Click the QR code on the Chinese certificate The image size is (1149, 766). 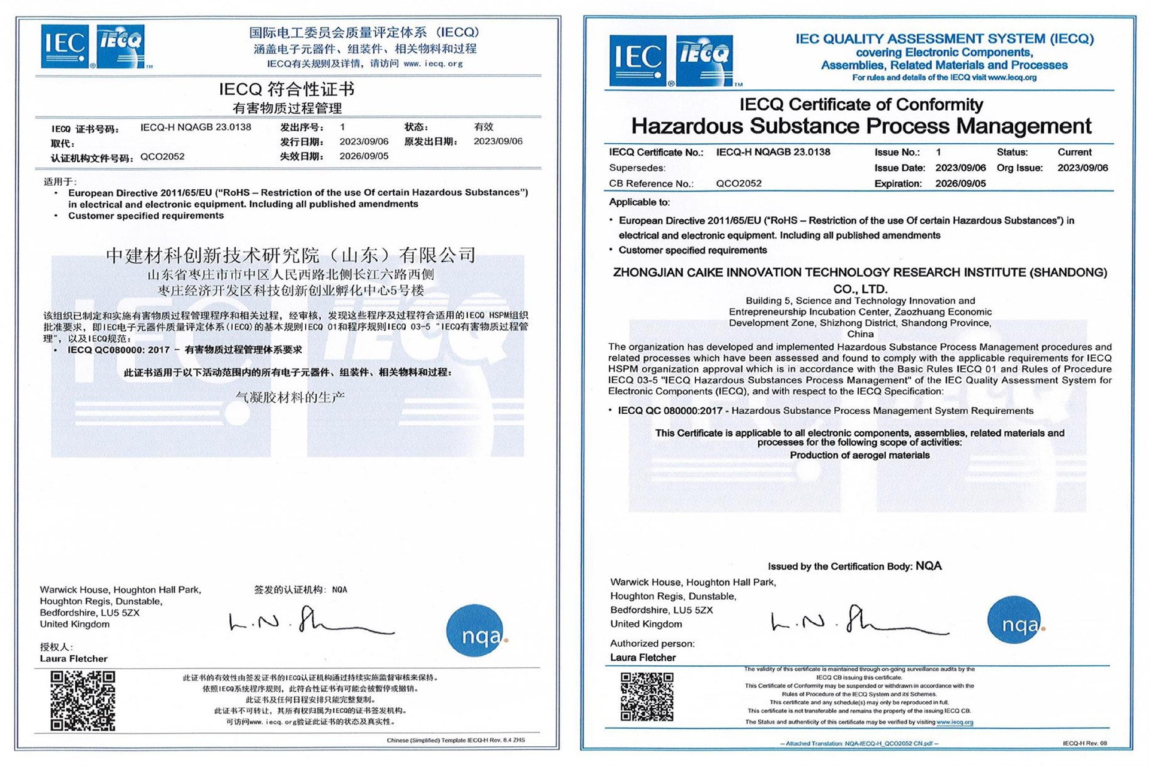[x=83, y=701]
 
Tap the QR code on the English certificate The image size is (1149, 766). [x=647, y=697]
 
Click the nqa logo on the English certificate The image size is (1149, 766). [x=1015, y=620]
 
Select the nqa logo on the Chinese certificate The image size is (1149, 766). [x=475, y=631]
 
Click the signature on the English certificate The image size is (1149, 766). [x=859, y=622]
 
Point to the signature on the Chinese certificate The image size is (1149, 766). [x=311, y=622]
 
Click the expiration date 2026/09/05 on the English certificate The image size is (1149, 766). [x=960, y=184]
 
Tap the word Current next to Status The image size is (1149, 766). [x=1074, y=152]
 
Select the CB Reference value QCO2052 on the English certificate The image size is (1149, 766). [x=738, y=184]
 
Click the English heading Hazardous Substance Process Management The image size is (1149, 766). [x=861, y=126]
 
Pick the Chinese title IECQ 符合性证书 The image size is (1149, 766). [x=287, y=90]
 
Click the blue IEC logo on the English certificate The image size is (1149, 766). [x=637, y=60]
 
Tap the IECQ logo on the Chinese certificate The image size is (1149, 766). [x=121, y=46]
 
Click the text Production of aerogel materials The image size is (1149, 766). [x=859, y=455]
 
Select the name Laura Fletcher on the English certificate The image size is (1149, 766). [x=643, y=658]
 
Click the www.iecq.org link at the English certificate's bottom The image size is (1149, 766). [x=955, y=722]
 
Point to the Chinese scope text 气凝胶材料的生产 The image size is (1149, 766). [x=290, y=397]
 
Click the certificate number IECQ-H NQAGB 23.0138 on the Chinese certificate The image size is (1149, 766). [x=196, y=127]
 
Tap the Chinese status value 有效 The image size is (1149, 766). [x=484, y=127]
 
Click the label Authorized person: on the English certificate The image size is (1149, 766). [x=652, y=644]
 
